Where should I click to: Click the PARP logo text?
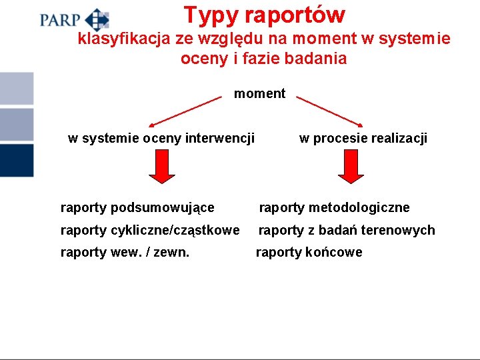point(59,19)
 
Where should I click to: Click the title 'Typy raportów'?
point(264,15)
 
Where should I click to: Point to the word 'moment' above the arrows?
point(259,94)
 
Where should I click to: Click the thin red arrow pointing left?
point(185,111)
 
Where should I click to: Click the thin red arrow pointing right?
point(331,111)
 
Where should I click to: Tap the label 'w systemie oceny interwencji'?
point(161,139)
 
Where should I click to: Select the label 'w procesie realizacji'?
point(363,139)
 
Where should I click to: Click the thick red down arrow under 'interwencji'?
point(161,166)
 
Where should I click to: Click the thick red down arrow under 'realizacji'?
point(351,166)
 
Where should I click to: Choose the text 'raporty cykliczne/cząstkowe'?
point(150,230)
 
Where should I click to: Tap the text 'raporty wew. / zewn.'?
point(125,252)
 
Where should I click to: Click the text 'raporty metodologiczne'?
point(334,208)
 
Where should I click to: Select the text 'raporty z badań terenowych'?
point(347,230)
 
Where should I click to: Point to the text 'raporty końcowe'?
point(309,252)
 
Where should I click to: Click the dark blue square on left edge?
point(16,160)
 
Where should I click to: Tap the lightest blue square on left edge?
point(16,88)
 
